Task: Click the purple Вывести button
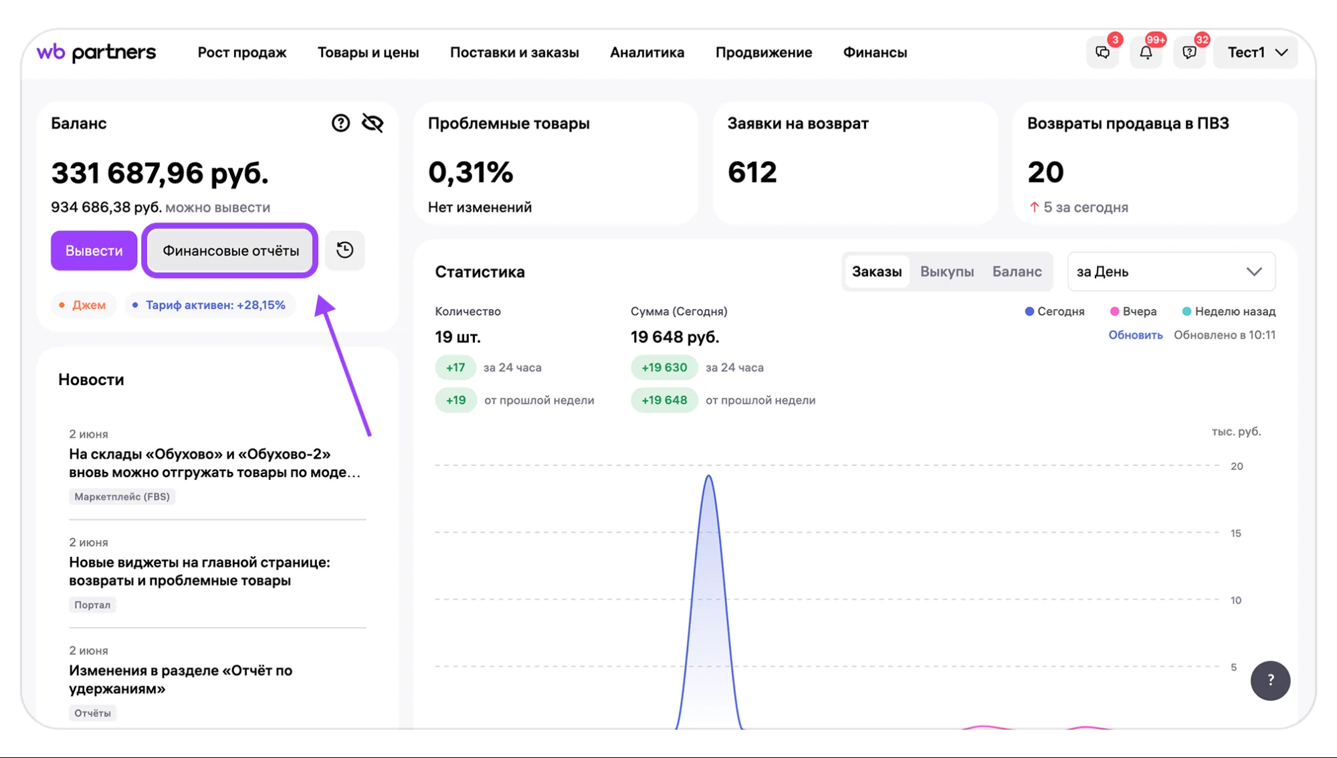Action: [x=94, y=251]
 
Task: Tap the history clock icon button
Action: [x=344, y=251]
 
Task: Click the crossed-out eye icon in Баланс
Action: [x=373, y=123]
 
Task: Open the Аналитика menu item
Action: [x=647, y=52]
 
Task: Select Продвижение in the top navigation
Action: [x=764, y=52]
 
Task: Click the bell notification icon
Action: [x=1146, y=52]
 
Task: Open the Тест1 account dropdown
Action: [x=1257, y=52]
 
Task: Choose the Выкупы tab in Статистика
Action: [x=946, y=271]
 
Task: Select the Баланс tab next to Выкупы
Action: [x=1017, y=271]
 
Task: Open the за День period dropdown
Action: [x=1171, y=271]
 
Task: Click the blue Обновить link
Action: [x=1135, y=335]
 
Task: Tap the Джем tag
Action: [x=84, y=305]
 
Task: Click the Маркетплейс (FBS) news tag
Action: [x=122, y=497]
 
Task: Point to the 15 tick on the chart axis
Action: [x=1235, y=533]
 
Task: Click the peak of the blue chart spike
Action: [x=708, y=476]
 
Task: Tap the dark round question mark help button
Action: [x=1270, y=680]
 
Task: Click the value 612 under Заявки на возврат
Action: [x=752, y=172]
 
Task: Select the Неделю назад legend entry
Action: [x=1229, y=311]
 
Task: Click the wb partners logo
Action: [x=96, y=52]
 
